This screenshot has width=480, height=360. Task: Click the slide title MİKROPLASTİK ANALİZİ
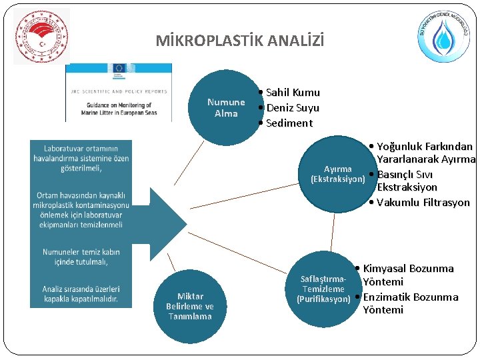(x=240, y=41)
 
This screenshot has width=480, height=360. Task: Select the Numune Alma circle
(x=226, y=107)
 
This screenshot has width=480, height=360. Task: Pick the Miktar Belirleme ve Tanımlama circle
(x=190, y=306)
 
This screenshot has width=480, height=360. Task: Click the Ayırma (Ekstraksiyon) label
(x=338, y=174)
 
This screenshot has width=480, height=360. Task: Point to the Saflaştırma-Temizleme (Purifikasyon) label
(x=323, y=289)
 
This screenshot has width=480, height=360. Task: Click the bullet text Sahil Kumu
(x=293, y=93)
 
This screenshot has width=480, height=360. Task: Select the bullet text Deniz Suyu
(x=293, y=108)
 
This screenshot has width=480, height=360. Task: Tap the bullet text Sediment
(x=289, y=123)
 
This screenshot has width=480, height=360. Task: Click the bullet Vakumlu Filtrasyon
(x=423, y=203)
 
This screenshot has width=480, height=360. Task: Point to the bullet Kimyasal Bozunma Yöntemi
(x=408, y=275)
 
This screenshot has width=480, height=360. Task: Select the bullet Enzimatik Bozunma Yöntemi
(x=410, y=303)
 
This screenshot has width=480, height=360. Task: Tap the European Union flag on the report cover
(x=120, y=68)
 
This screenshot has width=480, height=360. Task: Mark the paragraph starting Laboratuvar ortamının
(x=81, y=158)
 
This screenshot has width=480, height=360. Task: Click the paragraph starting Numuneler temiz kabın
(x=81, y=257)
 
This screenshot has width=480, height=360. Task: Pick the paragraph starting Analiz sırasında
(x=81, y=294)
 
